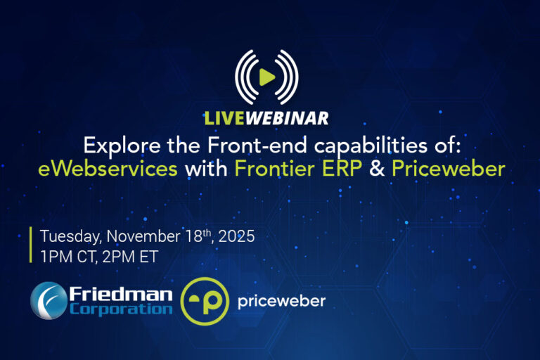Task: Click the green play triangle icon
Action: point(266,77)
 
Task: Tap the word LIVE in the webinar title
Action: point(224,119)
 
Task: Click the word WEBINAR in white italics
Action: point(287,119)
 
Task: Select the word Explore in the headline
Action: point(122,146)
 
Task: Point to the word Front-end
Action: point(257,145)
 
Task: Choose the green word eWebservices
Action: point(108,169)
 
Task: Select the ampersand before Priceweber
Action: point(377,169)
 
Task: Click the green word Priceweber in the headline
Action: point(449,169)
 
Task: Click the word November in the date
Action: point(143,236)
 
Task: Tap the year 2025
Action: point(236,236)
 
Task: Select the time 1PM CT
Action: point(68,257)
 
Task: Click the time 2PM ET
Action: point(130,257)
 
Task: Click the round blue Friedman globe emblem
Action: point(49,300)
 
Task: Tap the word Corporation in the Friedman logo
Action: point(121,309)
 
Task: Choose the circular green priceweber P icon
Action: point(205,301)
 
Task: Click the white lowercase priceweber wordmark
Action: point(281,302)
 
